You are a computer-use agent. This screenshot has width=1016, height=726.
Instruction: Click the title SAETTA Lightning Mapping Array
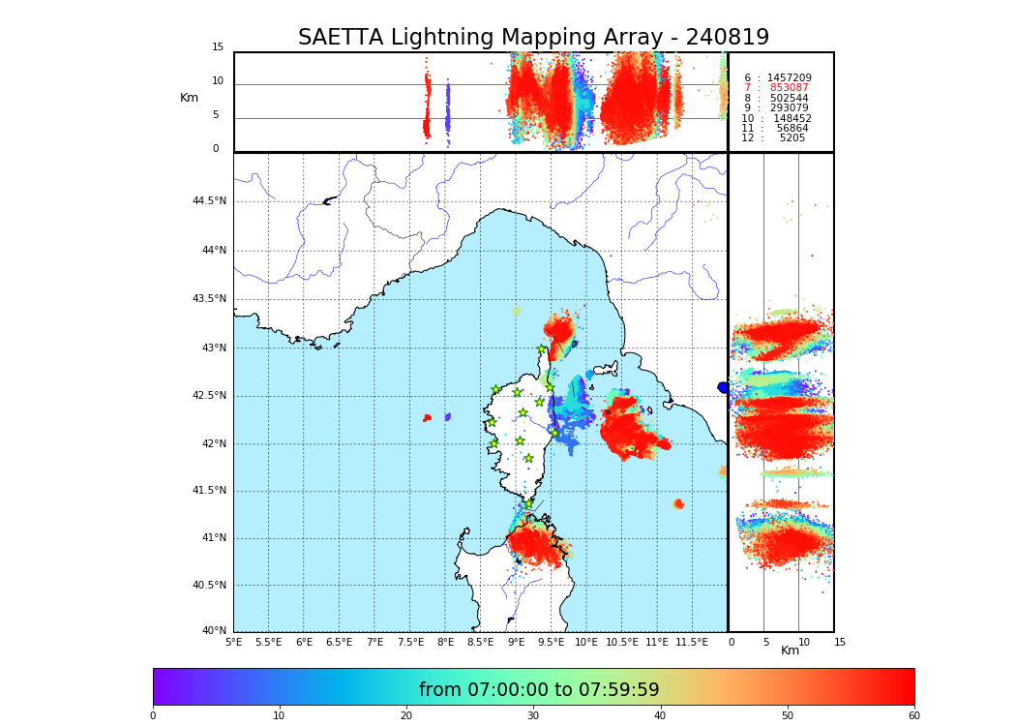coord(533,38)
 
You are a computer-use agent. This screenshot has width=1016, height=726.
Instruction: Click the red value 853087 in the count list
coord(789,88)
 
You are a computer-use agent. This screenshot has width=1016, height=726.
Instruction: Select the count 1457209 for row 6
coord(789,77)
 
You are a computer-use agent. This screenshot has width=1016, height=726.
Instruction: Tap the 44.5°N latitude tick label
coord(209,201)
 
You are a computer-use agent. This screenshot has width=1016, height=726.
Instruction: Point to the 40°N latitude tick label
coord(214,631)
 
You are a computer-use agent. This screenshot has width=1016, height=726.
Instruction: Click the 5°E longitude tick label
coord(233,642)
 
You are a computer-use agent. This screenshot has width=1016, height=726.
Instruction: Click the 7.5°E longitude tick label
coord(410,642)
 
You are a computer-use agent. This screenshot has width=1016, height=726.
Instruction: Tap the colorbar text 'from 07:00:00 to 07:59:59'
coord(539,690)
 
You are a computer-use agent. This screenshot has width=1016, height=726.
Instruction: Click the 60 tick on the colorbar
coord(913,716)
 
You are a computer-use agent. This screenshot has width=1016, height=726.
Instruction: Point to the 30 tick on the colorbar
coord(533,716)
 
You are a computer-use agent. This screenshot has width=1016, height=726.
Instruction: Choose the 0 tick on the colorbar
coord(153,716)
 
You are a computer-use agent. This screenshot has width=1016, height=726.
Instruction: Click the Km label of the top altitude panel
coord(190,98)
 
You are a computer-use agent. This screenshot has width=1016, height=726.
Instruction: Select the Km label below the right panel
coord(791,650)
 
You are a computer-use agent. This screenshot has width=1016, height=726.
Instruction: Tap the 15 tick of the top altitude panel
coord(218,47)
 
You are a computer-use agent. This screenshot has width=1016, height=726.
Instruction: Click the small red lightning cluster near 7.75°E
coord(427,418)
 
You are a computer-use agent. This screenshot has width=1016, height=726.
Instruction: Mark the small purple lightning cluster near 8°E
coord(447,417)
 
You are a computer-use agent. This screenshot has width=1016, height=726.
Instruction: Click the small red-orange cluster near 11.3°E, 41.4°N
coord(678,504)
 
